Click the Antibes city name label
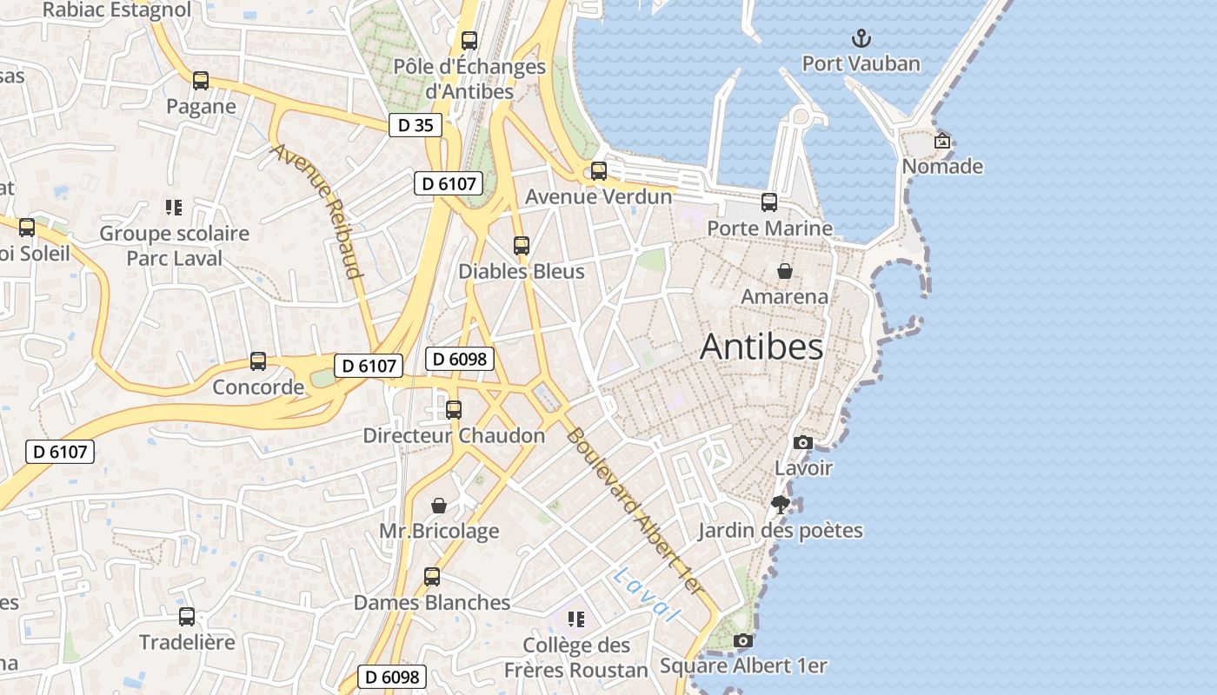pyautogui.click(x=761, y=347)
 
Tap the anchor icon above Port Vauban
pyautogui.click(x=861, y=37)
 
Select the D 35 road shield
pyautogui.click(x=415, y=125)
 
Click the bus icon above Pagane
pyautogui.click(x=201, y=81)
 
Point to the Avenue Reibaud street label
pyautogui.click(x=316, y=211)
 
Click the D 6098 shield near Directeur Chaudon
pyautogui.click(x=459, y=359)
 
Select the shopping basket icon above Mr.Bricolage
pyautogui.click(x=439, y=505)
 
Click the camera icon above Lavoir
pyautogui.click(x=803, y=442)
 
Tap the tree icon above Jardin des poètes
pyautogui.click(x=781, y=504)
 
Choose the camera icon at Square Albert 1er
pyautogui.click(x=742, y=640)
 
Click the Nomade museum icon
pyautogui.click(x=942, y=141)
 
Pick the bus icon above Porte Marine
pyautogui.click(x=769, y=202)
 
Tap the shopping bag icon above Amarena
pyautogui.click(x=784, y=271)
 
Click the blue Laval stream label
pyautogui.click(x=644, y=595)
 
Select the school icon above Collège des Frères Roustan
pyautogui.click(x=575, y=619)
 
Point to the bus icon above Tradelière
pyautogui.click(x=187, y=617)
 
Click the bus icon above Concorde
pyautogui.click(x=258, y=361)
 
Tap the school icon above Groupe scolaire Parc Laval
pyautogui.click(x=173, y=208)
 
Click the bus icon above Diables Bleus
pyautogui.click(x=522, y=246)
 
